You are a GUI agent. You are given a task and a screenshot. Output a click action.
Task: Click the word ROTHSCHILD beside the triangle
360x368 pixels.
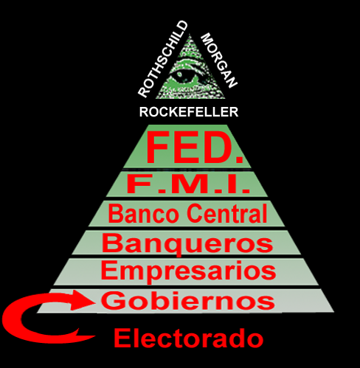point(163,59)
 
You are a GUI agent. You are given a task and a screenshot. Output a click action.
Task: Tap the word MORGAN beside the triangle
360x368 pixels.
point(219,60)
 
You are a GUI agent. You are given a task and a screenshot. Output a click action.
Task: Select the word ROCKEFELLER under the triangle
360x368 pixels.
point(189,112)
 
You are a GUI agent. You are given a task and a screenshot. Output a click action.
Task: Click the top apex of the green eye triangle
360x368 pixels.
point(190,34)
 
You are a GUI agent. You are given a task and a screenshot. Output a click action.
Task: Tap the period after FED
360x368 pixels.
point(238,159)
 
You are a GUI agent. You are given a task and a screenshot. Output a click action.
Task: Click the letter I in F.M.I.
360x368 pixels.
point(231,184)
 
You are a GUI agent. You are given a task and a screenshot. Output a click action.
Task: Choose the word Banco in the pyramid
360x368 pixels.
point(143,214)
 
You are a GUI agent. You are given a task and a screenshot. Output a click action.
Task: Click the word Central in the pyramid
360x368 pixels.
point(227,213)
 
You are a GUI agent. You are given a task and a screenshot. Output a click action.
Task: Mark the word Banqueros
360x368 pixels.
point(187,244)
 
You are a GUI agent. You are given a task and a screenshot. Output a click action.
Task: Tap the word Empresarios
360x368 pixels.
point(188,271)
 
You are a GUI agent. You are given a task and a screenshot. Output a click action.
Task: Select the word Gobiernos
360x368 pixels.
point(188,300)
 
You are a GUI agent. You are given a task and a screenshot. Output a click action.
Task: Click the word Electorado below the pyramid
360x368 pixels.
point(189,339)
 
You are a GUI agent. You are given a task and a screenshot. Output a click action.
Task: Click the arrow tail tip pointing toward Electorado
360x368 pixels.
point(94,336)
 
